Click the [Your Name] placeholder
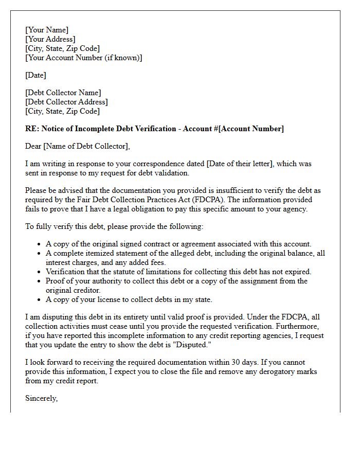click(x=47, y=30)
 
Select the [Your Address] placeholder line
click(x=50, y=40)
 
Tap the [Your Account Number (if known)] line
click(x=84, y=58)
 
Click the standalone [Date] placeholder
click(x=35, y=75)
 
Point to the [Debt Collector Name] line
click(x=63, y=93)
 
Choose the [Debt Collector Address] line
click(x=66, y=102)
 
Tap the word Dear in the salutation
click(x=33, y=147)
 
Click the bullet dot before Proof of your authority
click(x=40, y=281)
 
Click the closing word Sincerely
click(x=41, y=398)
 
